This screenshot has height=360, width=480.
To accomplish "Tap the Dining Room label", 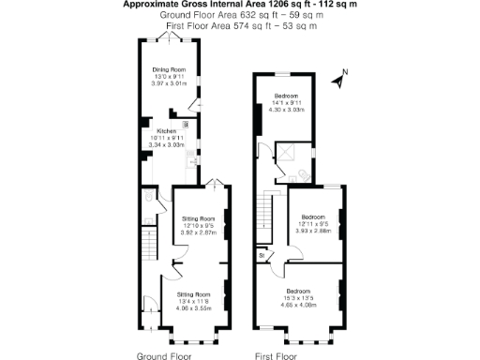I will tap(170, 70).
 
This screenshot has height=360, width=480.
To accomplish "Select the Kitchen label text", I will tap(167, 131).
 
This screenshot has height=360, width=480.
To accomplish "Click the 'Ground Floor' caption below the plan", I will tap(165, 357).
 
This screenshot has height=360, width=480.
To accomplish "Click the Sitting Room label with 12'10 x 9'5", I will tap(198, 217).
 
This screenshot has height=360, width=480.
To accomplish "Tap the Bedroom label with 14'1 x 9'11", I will tap(287, 97).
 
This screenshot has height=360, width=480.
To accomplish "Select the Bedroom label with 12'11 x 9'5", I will tap(313, 217).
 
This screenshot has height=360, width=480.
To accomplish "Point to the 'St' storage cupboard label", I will tap(260, 255).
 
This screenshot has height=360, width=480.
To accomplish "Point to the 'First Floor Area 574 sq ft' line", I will tap(240, 26).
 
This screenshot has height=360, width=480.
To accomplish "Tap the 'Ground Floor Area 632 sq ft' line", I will tap(240, 16).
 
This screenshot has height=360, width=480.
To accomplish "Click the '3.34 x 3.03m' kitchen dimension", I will tap(168, 145).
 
